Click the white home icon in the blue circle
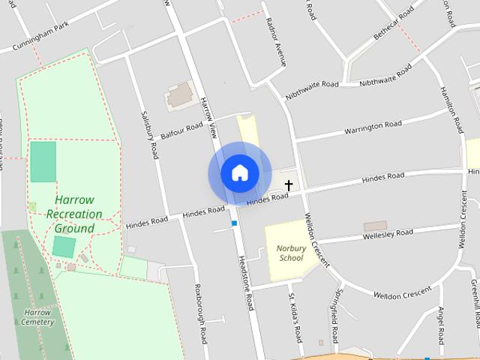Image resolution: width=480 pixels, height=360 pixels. tap(239, 172)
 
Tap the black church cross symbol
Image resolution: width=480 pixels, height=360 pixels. tap(289, 184)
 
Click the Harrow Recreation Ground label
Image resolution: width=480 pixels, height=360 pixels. tap(74, 214)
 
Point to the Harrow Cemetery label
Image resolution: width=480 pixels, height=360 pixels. tap(37, 317)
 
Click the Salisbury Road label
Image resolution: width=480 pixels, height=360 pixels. tap(150, 135)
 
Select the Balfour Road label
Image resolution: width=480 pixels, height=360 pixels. tap(181, 130)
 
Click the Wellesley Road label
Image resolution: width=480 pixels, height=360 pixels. tap(387, 233)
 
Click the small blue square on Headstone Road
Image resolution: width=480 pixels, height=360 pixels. tap(234, 223)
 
